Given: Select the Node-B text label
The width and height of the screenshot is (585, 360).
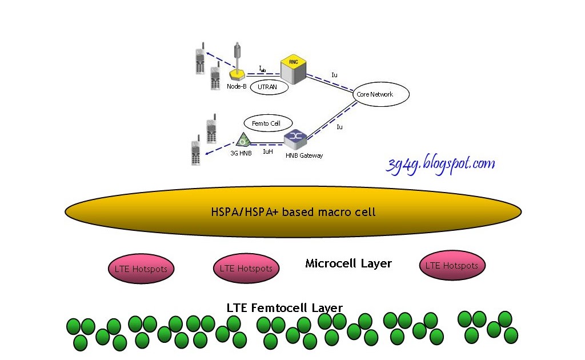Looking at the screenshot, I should [236, 86].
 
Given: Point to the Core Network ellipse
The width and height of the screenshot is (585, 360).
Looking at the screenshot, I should [375, 94].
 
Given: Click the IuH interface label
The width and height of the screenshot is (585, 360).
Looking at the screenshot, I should [267, 152].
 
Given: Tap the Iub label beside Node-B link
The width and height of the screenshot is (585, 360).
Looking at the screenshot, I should [262, 69].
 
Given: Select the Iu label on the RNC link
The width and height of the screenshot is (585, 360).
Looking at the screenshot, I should [335, 75].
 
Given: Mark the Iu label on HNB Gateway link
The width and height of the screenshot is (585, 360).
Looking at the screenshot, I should [339, 127].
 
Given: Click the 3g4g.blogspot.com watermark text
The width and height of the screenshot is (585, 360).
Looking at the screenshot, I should [440, 165].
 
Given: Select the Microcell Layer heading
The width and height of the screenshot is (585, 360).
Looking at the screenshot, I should [348, 263].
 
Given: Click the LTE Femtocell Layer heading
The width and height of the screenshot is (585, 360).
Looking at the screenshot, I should [285, 307].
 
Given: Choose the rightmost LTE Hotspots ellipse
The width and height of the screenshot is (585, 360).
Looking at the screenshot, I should [452, 266].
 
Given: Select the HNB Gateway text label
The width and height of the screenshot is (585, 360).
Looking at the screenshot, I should [304, 155].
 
